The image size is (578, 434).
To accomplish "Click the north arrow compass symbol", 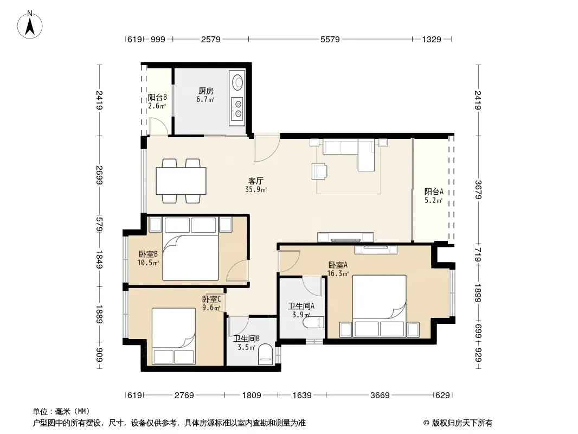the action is (30, 25).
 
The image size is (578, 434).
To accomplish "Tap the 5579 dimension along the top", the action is (330, 39).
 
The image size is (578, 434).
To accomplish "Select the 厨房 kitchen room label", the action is (205, 91).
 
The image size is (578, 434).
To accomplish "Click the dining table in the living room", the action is (181, 181).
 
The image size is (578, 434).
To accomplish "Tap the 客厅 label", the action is (255, 181).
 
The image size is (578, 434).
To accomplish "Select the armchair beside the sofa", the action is (319, 171).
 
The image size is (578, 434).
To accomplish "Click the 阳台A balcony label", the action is (434, 192).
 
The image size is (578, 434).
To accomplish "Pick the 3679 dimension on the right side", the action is (478, 189).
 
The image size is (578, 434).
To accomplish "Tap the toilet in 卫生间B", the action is (265, 354).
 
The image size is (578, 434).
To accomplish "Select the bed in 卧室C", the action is (174, 336).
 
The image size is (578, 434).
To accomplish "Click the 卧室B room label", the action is (148, 254).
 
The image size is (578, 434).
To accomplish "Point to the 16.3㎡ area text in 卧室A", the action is (338, 273).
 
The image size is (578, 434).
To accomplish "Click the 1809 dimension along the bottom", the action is (252, 395).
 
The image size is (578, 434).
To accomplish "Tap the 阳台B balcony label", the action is (157, 97).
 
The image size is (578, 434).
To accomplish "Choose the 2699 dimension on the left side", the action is (99, 175).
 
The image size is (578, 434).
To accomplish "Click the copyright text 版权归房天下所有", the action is (462, 423).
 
